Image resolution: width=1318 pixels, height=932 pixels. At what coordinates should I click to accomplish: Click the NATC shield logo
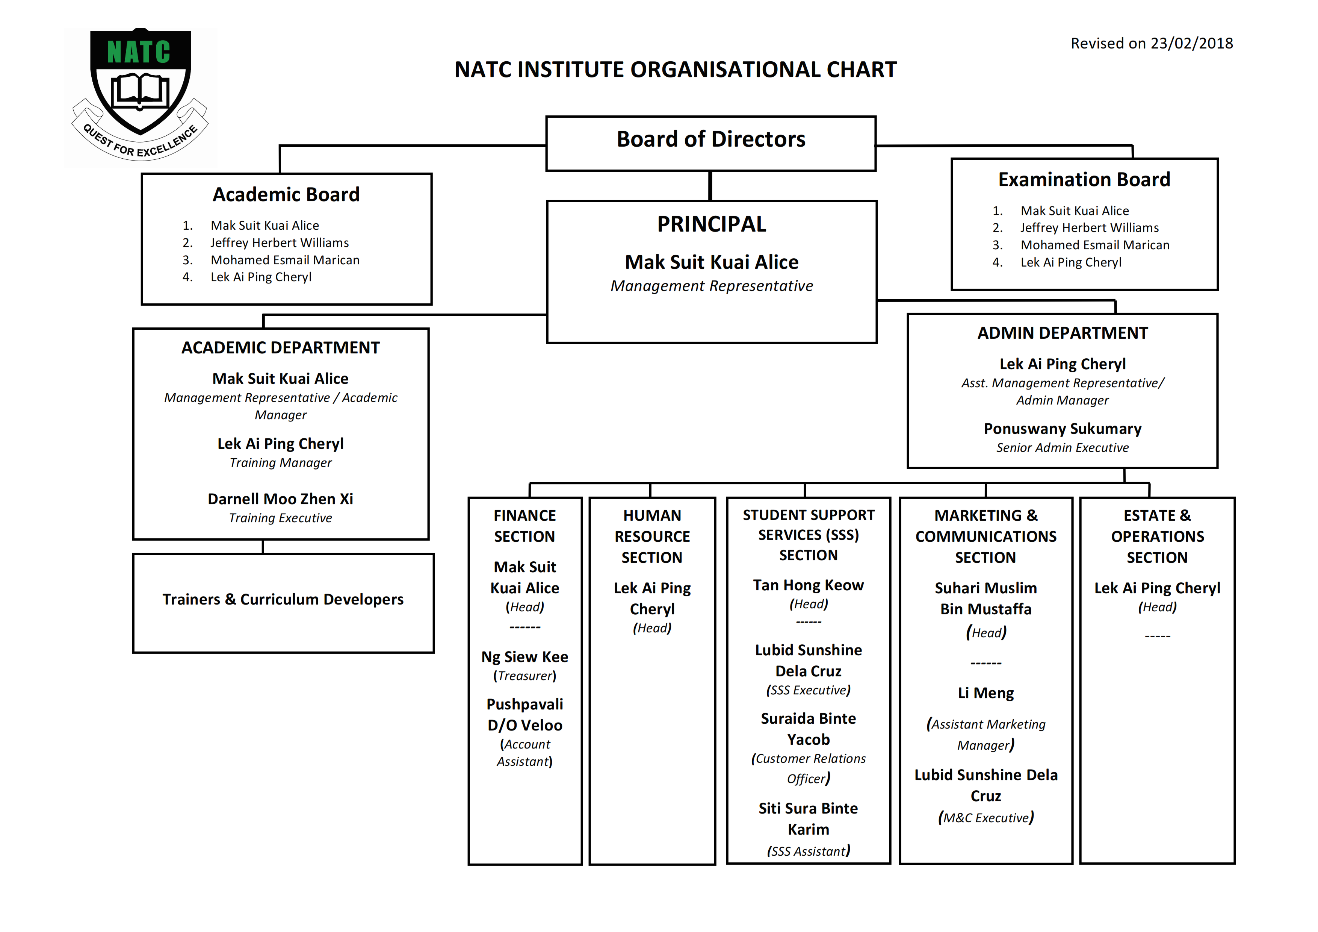[x=140, y=95]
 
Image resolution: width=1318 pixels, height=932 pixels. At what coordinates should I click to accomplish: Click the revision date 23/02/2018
[x=1192, y=44]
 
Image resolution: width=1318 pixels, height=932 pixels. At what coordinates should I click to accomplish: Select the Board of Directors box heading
[x=711, y=139]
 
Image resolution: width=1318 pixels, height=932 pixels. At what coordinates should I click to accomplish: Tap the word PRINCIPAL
[x=711, y=224]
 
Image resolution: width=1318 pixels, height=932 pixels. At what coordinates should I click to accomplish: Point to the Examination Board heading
[x=1084, y=180]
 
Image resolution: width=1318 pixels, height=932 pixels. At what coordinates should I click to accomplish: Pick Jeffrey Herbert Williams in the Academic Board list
[x=280, y=243]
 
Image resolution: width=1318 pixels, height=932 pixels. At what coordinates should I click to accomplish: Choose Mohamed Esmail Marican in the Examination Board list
[x=1095, y=245]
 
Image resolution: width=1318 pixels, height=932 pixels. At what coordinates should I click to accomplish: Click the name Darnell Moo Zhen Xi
[x=280, y=499]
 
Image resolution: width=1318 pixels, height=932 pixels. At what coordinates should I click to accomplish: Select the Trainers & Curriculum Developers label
[x=283, y=600]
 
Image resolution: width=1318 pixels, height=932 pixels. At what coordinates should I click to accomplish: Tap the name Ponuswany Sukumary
[x=1063, y=429]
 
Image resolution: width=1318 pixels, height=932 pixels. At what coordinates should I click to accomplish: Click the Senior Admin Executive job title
[x=1063, y=448]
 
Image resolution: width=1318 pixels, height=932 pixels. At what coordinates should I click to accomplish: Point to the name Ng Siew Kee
[x=524, y=657]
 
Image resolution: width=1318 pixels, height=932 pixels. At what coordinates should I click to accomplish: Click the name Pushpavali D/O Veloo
[x=524, y=715]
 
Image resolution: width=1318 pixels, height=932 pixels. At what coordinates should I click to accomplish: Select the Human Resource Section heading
[x=652, y=536]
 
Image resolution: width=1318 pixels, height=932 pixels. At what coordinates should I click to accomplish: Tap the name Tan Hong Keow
[x=808, y=585]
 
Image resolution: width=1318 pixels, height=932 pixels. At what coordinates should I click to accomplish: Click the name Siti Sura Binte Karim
[x=808, y=819]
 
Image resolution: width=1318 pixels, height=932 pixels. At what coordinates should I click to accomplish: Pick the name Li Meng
[x=985, y=693]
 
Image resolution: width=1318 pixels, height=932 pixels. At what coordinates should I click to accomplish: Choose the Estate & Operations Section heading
[x=1157, y=536]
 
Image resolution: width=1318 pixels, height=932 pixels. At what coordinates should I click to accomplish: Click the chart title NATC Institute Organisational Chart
[x=676, y=70]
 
